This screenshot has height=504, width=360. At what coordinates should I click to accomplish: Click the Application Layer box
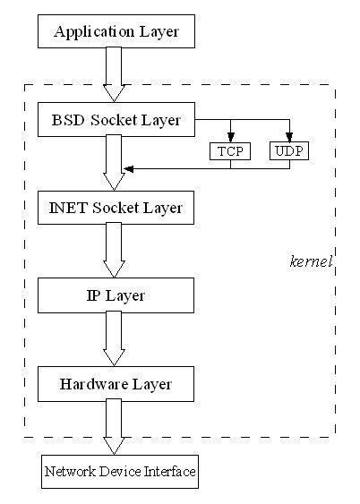coord(116,31)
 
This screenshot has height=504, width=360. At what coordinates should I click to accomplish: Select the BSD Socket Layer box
coord(116,120)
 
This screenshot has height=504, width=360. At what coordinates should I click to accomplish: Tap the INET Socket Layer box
coord(116,208)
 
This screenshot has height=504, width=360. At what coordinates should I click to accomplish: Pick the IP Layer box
coord(116,295)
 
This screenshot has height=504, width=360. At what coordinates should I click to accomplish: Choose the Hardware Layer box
coord(116,384)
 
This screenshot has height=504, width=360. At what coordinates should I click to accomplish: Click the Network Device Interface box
coord(120,472)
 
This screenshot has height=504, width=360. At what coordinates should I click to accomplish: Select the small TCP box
coord(230,151)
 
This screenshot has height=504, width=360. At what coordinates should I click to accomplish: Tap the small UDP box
coord(289,151)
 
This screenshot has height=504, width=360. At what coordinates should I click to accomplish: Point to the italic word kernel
coord(311,261)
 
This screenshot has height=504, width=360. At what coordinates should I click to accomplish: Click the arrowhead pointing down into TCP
coord(230,137)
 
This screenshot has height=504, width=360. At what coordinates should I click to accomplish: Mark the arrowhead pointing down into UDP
coord(289,137)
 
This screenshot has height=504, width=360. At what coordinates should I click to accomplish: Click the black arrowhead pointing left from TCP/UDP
coord(129,169)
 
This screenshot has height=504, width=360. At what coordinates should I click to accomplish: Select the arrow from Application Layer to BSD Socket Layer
coord(114,74)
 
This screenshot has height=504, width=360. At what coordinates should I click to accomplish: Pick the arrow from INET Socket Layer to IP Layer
coord(114,250)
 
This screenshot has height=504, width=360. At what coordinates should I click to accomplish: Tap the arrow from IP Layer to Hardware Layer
coord(114,338)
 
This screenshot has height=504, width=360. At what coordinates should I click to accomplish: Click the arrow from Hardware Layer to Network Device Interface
coord(114,427)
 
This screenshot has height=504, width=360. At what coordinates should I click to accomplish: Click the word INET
coord(68,208)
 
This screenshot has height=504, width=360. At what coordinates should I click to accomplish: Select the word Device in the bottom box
coord(120,472)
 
